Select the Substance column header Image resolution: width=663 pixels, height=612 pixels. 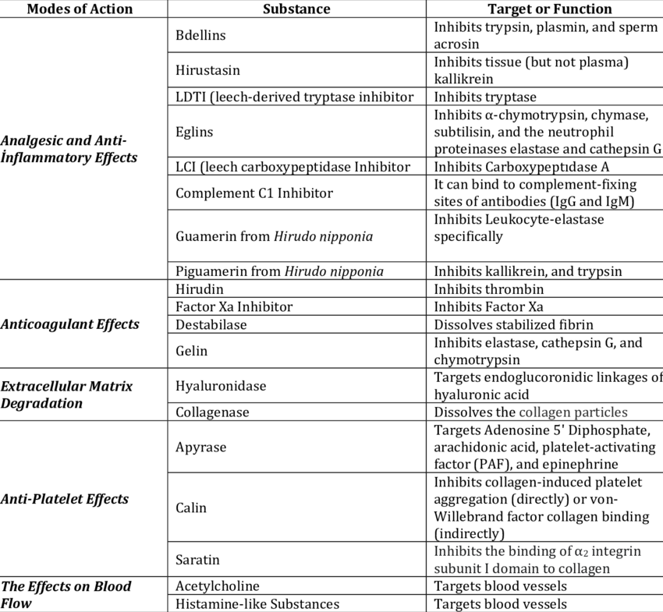pos(296,9)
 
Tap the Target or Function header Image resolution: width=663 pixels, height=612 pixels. pos(549,9)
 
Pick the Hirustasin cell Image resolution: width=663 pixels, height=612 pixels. pos(207,70)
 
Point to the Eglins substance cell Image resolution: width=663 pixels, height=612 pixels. pos(194,132)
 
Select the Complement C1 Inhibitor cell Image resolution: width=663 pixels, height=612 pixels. pos(254,193)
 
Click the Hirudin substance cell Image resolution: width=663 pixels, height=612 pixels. pos(200,288)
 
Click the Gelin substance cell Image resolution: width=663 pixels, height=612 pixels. pos(192,351)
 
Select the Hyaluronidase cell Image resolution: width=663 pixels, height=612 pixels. pos(221,386)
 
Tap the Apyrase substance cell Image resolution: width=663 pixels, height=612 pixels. pos(201,447)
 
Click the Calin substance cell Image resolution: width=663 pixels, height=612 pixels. pos(191,508)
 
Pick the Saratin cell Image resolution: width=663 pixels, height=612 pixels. pos(197,560)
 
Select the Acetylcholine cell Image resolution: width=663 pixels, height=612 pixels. pos(218,585)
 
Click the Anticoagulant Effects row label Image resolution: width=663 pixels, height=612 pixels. pos(70,324)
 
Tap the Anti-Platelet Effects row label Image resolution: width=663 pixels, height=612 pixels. pos(66,499)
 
